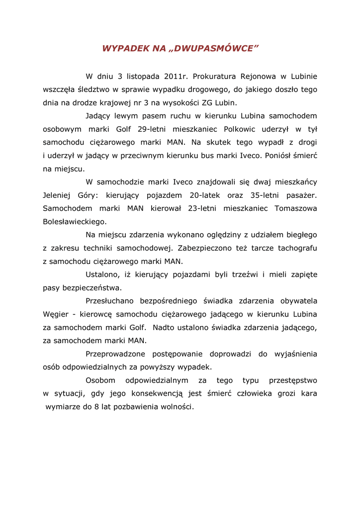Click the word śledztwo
pos(90,90)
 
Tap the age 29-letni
pos(154,129)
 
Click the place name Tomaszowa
pos(296,208)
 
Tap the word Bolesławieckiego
pos(75,221)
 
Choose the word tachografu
pos(297,248)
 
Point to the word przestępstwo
pos(293,380)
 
